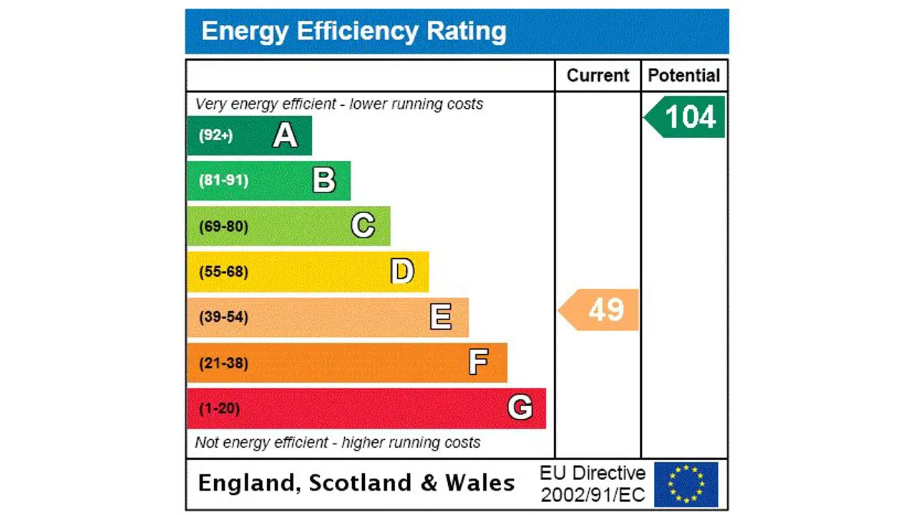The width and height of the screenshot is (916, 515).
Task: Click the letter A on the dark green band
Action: point(285,135)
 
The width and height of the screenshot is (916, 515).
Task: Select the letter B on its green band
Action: point(324,180)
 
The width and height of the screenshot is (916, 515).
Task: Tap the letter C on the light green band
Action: point(363,226)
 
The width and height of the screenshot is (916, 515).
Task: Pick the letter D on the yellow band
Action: point(402,272)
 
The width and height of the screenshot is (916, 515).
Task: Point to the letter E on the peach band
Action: point(441,317)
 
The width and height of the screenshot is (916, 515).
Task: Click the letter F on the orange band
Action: point(479,363)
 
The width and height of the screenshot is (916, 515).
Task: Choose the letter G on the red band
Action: point(520,408)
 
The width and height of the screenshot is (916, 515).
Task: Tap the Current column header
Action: point(598,76)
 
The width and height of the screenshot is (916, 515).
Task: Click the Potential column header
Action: point(684,76)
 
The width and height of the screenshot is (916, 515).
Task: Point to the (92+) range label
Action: point(215,135)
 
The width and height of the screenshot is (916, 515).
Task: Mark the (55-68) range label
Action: point(223,272)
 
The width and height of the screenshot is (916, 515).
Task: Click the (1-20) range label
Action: point(219,408)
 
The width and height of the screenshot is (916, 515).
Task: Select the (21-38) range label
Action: point(223,363)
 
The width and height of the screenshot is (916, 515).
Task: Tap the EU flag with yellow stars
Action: point(686,484)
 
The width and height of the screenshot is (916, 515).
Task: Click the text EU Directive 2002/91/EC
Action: point(593,484)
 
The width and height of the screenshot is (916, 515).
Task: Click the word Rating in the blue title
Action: point(467,31)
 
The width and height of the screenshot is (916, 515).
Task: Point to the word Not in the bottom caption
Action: point(207,443)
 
